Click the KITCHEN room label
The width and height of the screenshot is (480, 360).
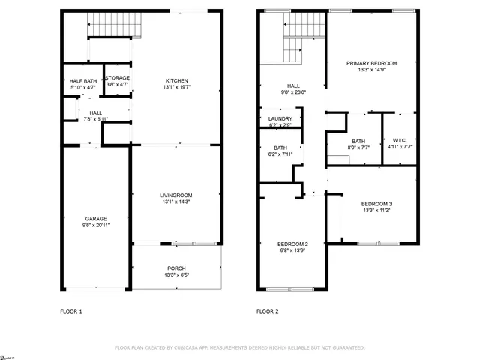pyautogui.click(x=177, y=80)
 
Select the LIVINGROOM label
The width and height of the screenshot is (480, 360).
pyautogui.click(x=177, y=196)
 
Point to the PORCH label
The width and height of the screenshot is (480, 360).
pyautogui.click(x=177, y=268)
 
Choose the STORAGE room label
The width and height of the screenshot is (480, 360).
pyautogui.click(x=118, y=78)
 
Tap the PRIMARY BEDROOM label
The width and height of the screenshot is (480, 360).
pyautogui.click(x=371, y=63)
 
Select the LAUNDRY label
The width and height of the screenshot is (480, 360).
pyautogui.click(x=280, y=118)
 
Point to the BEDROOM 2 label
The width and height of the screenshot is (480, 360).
pyautogui.click(x=292, y=244)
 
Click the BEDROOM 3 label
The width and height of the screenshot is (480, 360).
pyautogui.click(x=376, y=204)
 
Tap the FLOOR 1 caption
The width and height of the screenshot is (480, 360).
pyautogui.click(x=71, y=310)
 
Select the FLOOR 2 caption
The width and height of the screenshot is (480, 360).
pyautogui.click(x=268, y=310)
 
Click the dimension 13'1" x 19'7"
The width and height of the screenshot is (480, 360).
pyautogui.click(x=177, y=87)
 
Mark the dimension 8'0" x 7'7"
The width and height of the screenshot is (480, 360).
pyautogui.click(x=358, y=148)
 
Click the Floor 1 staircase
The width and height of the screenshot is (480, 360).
pyautogui.click(x=115, y=28)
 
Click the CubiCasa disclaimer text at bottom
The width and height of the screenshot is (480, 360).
pyautogui.click(x=240, y=347)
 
